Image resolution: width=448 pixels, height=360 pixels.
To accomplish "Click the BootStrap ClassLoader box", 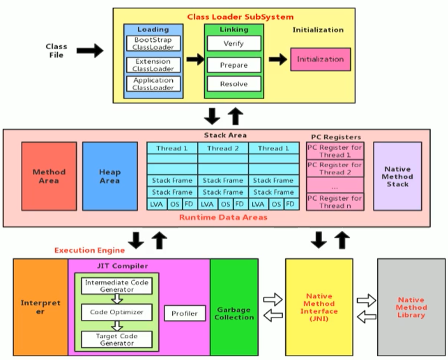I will click(153, 43).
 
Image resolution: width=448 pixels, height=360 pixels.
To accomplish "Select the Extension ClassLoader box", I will click(153, 64).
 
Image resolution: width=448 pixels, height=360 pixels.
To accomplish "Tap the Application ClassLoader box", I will click(153, 84).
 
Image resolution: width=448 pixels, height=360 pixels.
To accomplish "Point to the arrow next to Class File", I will click(90, 51).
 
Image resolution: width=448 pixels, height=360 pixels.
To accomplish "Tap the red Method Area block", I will click(49, 176).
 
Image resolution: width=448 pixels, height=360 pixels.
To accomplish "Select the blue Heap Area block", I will click(109, 176).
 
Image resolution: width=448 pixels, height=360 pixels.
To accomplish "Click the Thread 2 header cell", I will click(223, 149).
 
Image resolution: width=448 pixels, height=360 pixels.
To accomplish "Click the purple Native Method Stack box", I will click(397, 176).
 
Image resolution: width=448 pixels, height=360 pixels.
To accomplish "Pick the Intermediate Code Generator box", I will click(117, 286).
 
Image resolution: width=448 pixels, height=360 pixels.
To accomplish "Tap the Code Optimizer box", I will click(117, 312).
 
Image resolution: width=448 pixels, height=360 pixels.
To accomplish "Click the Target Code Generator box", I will click(117, 338).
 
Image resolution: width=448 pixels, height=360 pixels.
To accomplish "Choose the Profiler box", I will click(184, 313).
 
